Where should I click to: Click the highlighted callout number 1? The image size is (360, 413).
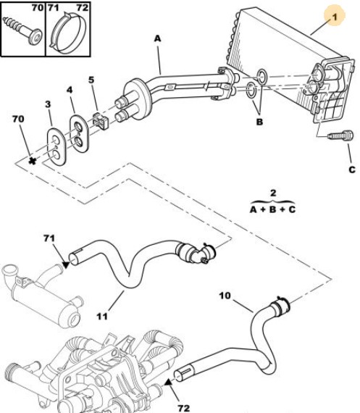[335, 17]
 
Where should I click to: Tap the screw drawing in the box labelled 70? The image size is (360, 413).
[22, 30]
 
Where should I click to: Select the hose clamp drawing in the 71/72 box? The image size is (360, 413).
[68, 33]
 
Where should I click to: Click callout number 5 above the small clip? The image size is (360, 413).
[91, 80]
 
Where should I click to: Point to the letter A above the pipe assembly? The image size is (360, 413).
[157, 38]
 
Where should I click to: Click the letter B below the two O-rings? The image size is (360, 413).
[259, 122]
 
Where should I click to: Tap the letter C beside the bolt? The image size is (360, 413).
[352, 170]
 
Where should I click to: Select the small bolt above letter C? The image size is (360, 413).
[340, 135]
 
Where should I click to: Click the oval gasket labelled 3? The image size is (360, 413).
[56, 146]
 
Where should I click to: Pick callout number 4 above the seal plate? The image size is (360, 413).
[70, 90]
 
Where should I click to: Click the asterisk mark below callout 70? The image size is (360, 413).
[32, 161]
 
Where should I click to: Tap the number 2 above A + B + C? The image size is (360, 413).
[273, 193]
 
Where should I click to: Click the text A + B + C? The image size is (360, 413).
[272, 209]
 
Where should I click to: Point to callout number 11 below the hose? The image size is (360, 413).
[102, 316]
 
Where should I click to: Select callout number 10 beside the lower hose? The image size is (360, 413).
[225, 296]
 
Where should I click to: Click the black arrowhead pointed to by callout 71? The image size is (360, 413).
[66, 264]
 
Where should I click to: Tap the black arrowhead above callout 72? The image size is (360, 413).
[168, 383]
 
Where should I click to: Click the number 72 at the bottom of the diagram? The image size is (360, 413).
[184, 408]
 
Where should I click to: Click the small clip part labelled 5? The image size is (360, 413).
[101, 121]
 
